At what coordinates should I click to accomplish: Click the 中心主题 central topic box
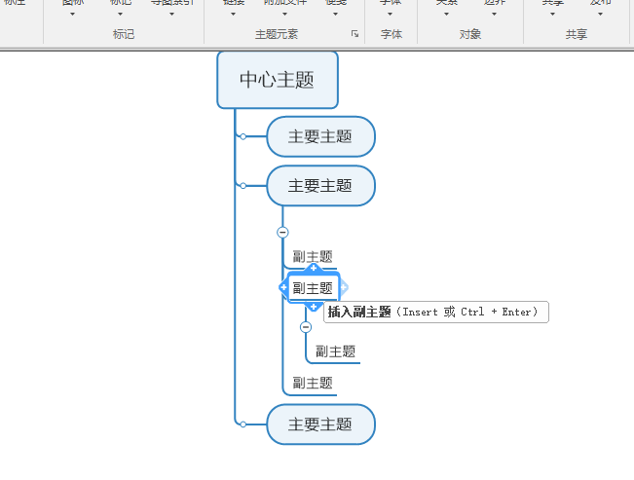(277, 79)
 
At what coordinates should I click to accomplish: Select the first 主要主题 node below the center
(320, 136)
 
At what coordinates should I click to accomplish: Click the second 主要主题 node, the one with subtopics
(320, 185)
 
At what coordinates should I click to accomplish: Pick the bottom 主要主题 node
(320, 425)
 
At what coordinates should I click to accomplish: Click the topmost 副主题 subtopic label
(313, 256)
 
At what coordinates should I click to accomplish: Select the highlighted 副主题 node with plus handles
(313, 288)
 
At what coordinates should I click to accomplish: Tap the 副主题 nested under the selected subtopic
(335, 351)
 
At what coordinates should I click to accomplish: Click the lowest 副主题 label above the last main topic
(313, 384)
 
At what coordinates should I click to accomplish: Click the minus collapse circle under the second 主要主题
(282, 232)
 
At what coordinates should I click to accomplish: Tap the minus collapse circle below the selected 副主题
(306, 327)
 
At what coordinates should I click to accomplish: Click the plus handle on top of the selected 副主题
(314, 268)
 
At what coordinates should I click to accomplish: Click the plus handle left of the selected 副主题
(283, 288)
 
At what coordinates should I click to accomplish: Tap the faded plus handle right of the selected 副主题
(344, 288)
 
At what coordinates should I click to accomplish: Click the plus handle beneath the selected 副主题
(314, 308)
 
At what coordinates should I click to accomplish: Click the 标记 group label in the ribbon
(124, 34)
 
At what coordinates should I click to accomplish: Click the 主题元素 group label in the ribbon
(277, 34)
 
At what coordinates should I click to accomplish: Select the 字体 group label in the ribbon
(392, 34)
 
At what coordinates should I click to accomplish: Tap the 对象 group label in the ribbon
(470, 34)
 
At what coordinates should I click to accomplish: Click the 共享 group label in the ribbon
(577, 34)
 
